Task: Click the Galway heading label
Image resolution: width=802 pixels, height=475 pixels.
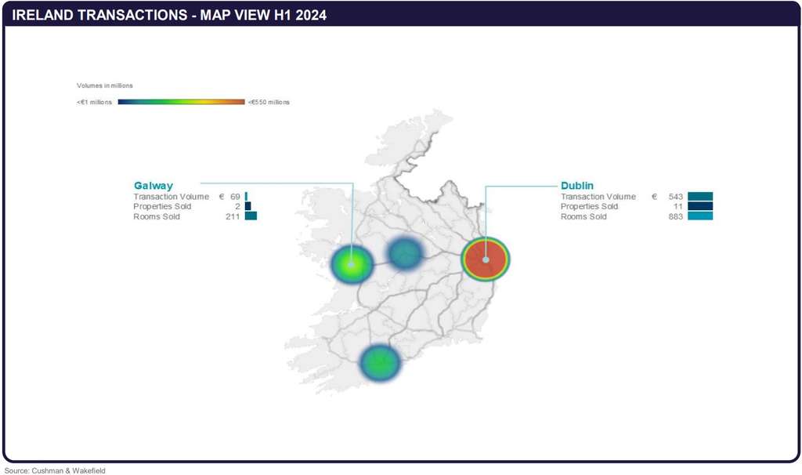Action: point(153,186)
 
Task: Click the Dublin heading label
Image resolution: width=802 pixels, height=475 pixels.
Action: point(577,186)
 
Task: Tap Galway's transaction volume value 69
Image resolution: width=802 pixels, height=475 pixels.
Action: point(235,197)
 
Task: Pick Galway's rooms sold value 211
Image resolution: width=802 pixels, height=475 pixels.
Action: point(233,216)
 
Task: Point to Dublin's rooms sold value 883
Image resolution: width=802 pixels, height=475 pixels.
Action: point(676,216)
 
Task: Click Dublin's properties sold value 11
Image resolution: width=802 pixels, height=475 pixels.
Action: point(678,206)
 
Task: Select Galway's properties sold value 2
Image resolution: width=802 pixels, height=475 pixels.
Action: point(237,206)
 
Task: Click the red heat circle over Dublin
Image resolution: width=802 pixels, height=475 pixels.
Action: point(486,259)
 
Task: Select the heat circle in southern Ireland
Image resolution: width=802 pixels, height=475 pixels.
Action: point(380,363)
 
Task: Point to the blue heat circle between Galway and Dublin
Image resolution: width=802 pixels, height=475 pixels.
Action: point(405,253)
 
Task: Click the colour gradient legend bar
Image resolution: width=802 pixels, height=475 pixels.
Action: point(181,102)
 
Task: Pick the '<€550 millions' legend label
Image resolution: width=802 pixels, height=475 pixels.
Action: point(269,102)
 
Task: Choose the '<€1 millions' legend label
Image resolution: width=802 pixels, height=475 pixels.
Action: point(95,102)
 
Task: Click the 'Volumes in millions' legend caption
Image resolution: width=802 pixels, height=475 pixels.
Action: point(104,85)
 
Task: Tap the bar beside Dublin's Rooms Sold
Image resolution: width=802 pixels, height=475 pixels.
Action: point(700,216)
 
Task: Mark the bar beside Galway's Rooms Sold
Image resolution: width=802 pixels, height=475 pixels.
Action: point(251,216)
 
